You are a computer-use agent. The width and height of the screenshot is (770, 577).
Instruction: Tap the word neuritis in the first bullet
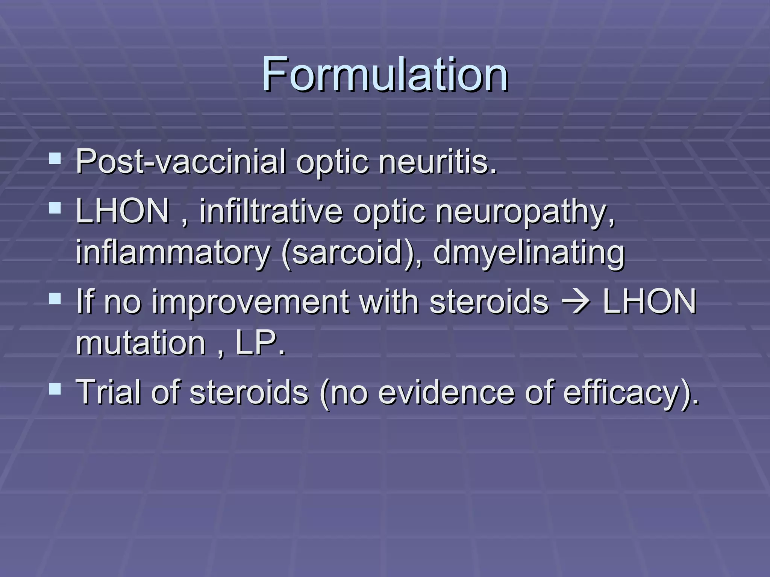pos(438,162)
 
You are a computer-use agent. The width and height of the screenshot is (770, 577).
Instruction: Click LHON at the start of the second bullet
pos(123,211)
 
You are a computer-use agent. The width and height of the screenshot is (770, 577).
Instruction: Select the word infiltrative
pos(271,211)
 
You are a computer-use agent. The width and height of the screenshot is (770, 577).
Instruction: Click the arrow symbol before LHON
pos(575,302)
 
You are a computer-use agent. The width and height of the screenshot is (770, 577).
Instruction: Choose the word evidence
pos(446,392)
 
